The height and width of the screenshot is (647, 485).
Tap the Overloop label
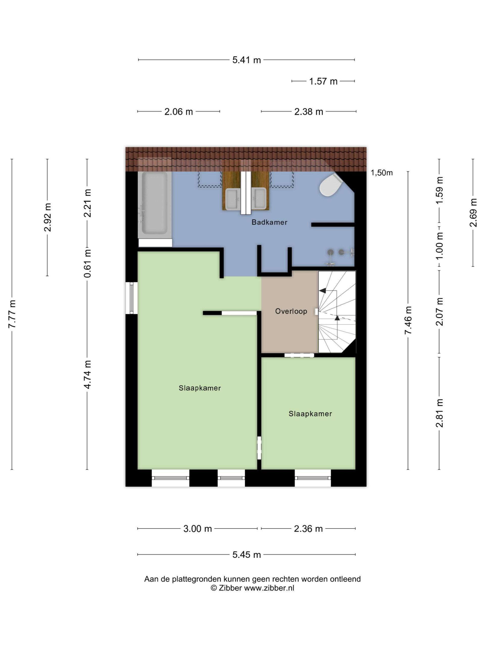tap(291, 311)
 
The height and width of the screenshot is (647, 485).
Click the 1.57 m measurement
tap(323, 81)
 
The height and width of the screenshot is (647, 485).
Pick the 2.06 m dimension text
tap(179, 112)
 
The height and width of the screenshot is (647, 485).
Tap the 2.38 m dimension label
tap(309, 112)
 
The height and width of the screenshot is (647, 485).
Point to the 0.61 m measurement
tap(87, 263)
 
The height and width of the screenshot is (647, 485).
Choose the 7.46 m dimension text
tap(408, 320)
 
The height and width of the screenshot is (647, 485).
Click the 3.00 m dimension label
tap(198, 529)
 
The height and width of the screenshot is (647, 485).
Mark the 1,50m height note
tap(382, 173)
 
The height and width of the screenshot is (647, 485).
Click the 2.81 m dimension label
tap(439, 413)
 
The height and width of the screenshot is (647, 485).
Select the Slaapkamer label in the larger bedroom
tap(200, 388)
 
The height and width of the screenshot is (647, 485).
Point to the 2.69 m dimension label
tap(473, 213)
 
